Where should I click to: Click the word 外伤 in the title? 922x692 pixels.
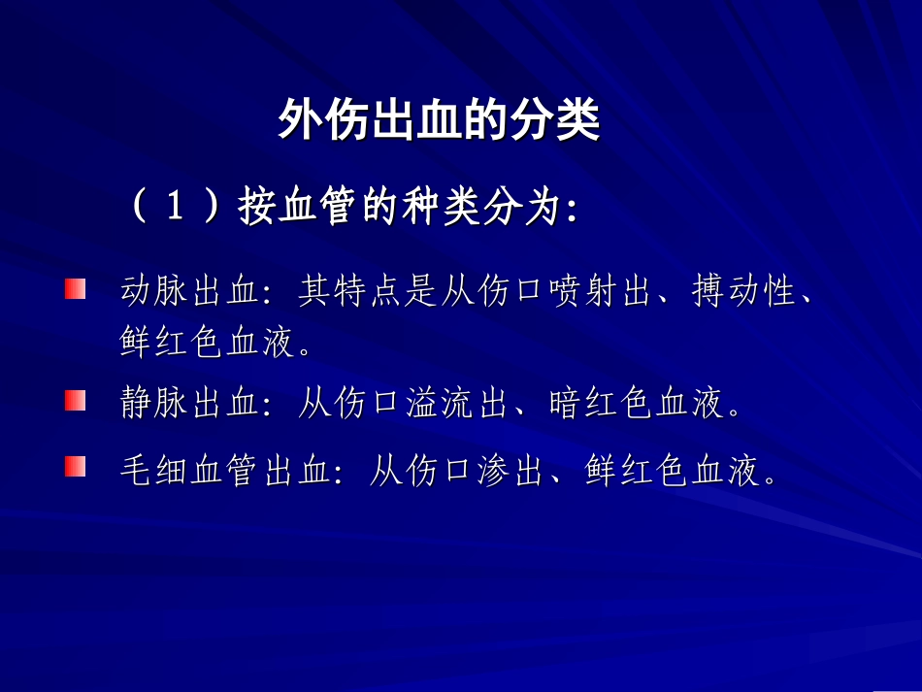[310, 123]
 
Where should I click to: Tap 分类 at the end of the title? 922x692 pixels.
[567, 123]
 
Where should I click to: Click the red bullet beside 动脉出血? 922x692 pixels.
[76, 289]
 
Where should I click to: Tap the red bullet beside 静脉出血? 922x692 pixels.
[76, 401]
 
